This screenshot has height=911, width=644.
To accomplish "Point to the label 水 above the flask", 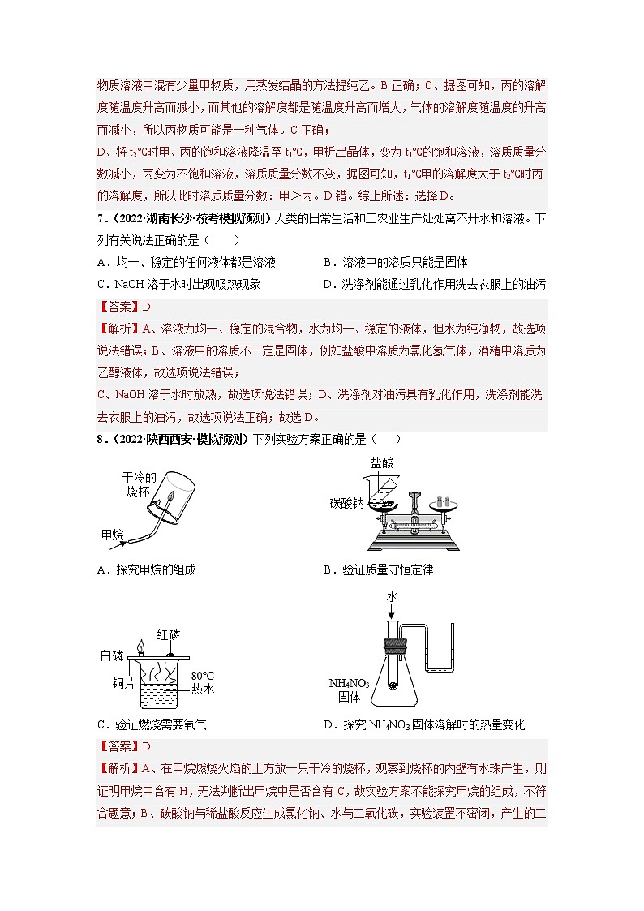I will click(391, 596).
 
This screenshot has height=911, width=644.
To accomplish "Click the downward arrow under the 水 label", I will click(391, 615).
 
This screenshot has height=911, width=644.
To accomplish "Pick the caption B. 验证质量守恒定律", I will click(378, 569).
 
